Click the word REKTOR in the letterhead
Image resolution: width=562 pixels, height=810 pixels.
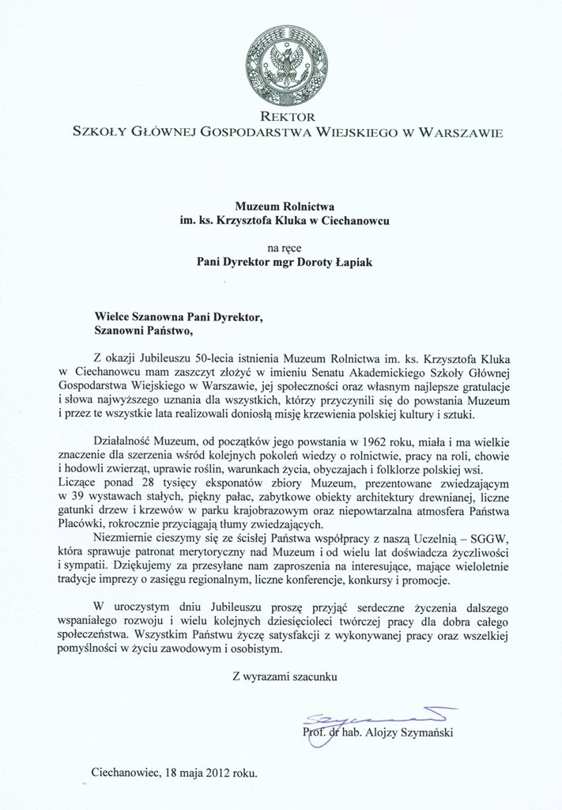(x=281, y=116)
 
